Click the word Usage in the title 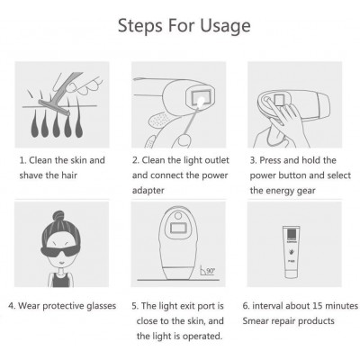coord(225,26)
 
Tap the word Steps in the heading coord(140,26)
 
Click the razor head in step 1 coord(54,108)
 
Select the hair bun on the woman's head coord(58,215)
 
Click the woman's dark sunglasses coord(59,252)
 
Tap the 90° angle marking coord(208,271)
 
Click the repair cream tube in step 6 coord(291,252)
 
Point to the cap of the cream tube coord(291,274)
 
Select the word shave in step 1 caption coord(31,175)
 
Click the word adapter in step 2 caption coord(148,191)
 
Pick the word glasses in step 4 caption coord(101,306)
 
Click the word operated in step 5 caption coord(202,337)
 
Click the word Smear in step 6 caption coord(255,321)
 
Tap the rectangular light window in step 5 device coord(178,228)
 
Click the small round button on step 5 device coord(178,216)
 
